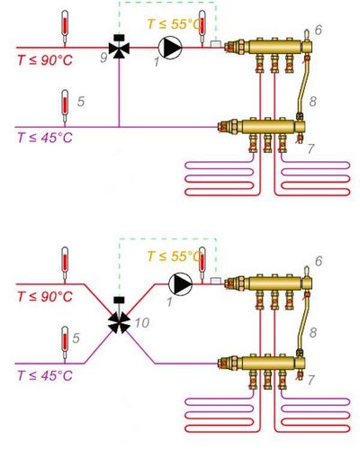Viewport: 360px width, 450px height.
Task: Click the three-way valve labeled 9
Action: coord(119,48)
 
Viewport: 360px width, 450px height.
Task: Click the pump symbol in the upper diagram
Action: coord(170,48)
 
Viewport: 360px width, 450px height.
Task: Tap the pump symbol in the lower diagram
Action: coord(180,283)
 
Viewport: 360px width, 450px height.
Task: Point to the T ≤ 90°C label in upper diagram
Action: coord(45,60)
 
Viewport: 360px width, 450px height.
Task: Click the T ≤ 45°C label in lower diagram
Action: coord(45,375)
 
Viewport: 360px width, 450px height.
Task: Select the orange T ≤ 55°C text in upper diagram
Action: coord(174,24)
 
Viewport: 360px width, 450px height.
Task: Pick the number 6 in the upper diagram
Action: coord(319,30)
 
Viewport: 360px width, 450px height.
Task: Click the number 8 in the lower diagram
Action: coord(312,332)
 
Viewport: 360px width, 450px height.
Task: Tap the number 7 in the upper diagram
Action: coord(310,148)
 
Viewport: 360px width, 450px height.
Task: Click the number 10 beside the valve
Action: coord(142,323)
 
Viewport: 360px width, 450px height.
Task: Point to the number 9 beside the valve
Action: coord(103,58)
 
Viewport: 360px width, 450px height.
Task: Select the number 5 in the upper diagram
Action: coord(81,102)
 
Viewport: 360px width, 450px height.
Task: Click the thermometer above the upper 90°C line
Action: coord(65,28)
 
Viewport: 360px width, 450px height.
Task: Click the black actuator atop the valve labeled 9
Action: coord(119,38)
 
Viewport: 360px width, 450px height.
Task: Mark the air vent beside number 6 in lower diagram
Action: coord(307,272)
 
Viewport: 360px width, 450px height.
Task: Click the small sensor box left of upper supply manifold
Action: coord(215,44)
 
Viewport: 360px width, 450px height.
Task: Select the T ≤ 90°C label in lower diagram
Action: coord(45,297)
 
